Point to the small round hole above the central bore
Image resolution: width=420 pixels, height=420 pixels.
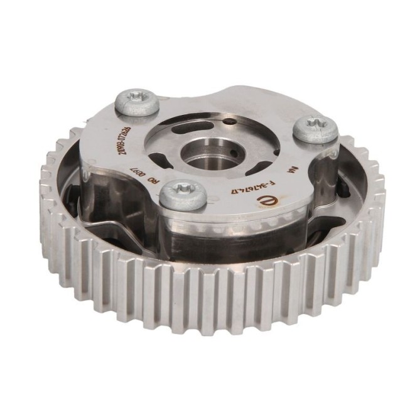click(231, 121)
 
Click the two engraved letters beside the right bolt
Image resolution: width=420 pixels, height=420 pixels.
click(290, 170)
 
